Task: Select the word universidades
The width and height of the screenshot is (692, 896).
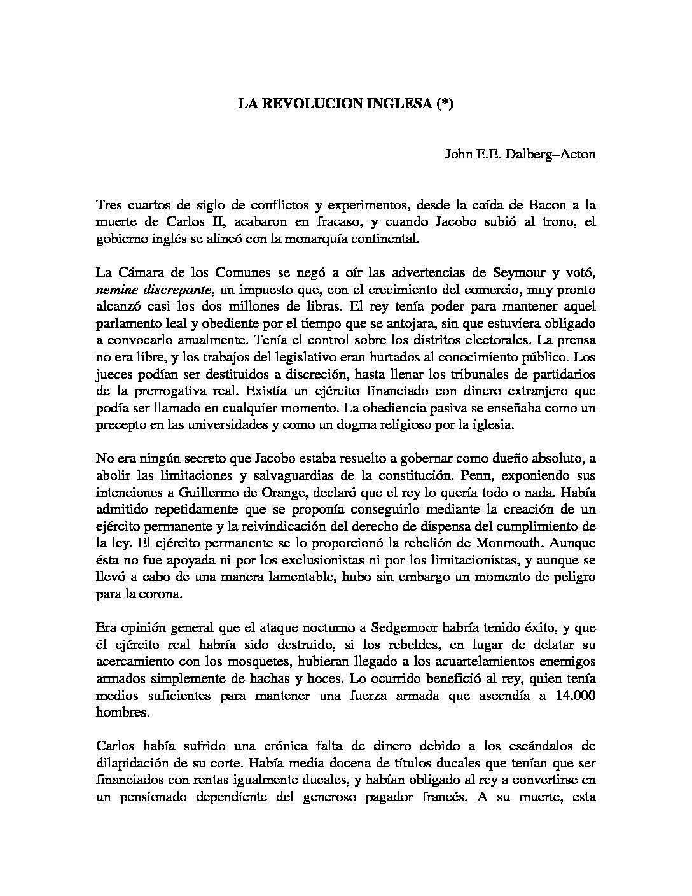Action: [x=223, y=425]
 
